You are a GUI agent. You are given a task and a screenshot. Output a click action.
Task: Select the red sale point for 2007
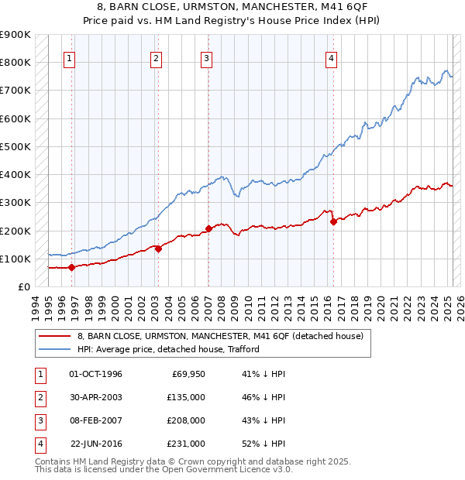pos(208,228)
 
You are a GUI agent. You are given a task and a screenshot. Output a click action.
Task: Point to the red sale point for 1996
pos(72,267)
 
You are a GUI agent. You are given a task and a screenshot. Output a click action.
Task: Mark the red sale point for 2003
pos(158,249)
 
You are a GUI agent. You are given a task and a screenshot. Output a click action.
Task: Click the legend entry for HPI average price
pos(168,350)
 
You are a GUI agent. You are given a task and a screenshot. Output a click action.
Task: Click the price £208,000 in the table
pos(187,420)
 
